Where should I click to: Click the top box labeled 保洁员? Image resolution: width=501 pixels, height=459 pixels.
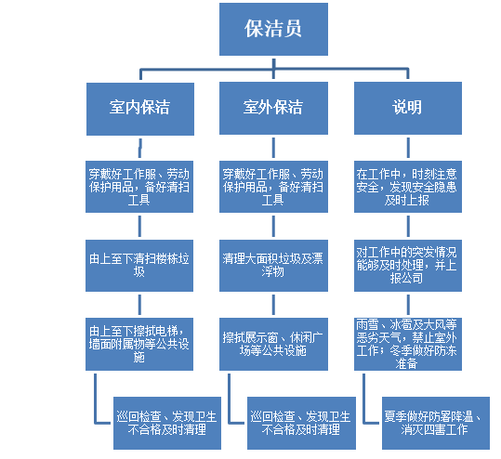coord(273,29)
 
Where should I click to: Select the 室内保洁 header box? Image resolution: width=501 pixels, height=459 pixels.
coord(140,109)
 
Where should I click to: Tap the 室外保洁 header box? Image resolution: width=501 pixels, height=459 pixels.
coord(273,109)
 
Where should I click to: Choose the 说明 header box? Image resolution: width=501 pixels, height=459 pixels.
coord(408,109)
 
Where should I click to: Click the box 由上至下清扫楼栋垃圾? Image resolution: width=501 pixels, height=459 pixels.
coord(139,266)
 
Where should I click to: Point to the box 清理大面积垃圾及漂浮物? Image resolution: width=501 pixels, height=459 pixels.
coord(273,266)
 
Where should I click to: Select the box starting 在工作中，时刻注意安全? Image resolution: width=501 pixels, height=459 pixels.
coord(408,187)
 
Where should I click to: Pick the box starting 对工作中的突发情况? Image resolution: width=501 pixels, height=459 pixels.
coord(408,266)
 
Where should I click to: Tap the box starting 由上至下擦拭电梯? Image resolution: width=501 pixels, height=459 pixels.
coord(139,344)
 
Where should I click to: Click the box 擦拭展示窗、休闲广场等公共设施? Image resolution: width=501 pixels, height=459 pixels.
coord(273,344)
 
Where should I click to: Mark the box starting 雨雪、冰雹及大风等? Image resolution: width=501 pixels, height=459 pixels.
coord(408,344)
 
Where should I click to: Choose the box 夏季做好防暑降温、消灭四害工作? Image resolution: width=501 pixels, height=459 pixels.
coord(436,423)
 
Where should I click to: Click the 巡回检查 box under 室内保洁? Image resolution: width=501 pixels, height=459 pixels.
coord(167,423)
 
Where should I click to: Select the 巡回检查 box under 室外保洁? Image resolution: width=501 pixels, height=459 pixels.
coord(301,423)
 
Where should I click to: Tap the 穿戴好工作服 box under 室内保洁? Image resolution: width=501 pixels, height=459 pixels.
coord(139,187)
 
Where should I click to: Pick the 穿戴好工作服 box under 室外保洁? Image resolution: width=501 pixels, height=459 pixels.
coord(273,187)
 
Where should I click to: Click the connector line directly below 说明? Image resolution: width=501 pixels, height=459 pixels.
coord(408,148)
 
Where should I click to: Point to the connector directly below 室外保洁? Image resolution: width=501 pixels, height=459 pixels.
coord(273,148)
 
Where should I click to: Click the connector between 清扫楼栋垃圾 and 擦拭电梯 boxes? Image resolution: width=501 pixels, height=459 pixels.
coord(139,305)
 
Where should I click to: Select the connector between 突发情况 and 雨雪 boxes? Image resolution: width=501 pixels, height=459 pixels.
coord(408,305)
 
